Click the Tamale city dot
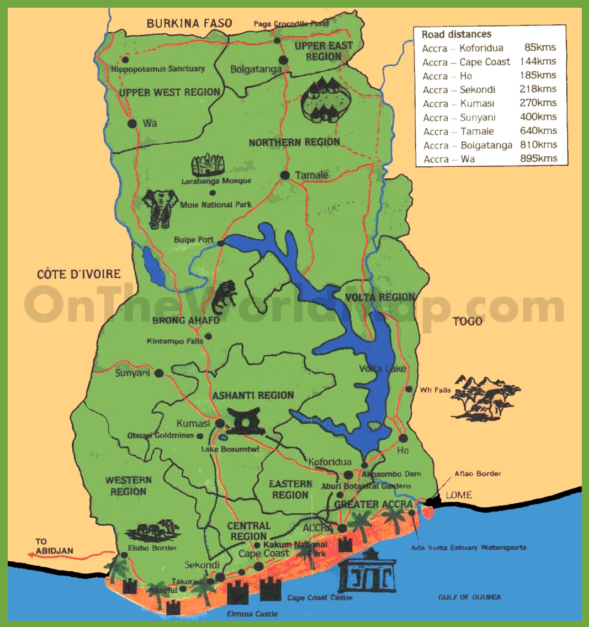[285, 175]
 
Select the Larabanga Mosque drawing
[209, 165]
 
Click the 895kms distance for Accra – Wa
[538, 159]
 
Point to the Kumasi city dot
[220, 423]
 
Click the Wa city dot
[132, 123]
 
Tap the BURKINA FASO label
[189, 23]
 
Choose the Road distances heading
[456, 34]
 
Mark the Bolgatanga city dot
[283, 60]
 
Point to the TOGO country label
[467, 321]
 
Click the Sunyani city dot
[159, 373]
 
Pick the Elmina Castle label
[252, 614]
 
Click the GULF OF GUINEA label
[469, 597]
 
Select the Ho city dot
[403, 438]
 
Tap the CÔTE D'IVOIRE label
[79, 274]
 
